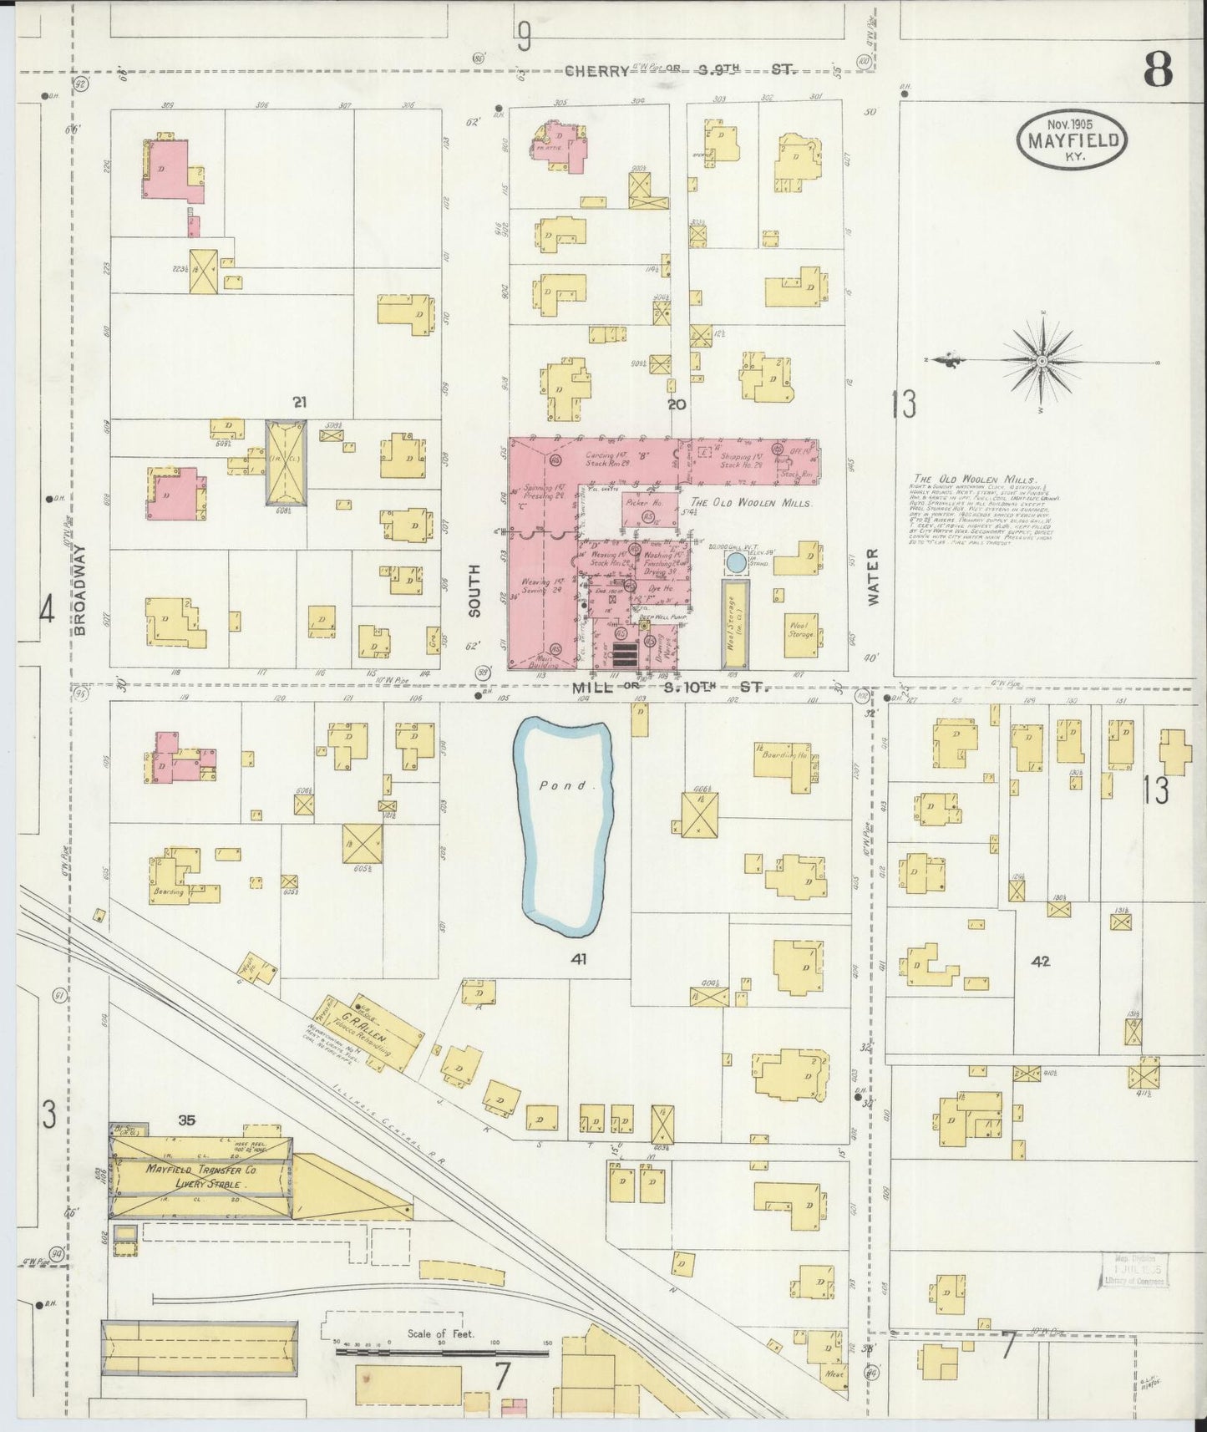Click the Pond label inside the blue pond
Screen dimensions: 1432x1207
click(x=554, y=785)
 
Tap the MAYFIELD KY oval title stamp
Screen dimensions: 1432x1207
click(x=1072, y=139)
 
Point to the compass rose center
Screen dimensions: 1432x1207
click(x=1042, y=361)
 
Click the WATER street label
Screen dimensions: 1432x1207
click(x=874, y=576)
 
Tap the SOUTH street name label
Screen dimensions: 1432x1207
click(x=475, y=590)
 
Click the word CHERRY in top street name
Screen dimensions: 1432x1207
click(x=596, y=72)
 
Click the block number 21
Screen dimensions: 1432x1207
click(x=299, y=404)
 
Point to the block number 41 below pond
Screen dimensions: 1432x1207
click(x=578, y=959)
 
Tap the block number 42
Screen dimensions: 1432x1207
click(x=1040, y=962)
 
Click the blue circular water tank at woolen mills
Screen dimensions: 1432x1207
click(x=736, y=562)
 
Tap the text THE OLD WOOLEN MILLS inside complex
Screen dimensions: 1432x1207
click(x=751, y=504)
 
